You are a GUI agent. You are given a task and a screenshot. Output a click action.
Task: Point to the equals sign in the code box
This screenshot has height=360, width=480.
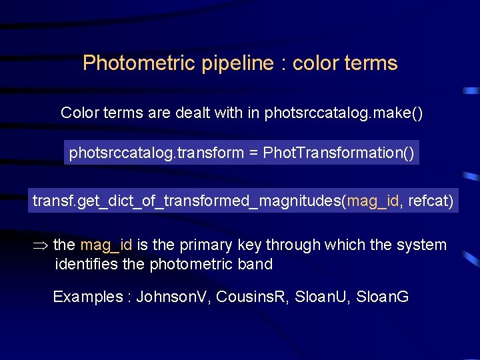pos(253,153)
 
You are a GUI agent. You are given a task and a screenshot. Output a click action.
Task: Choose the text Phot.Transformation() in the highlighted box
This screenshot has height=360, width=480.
pos(339,153)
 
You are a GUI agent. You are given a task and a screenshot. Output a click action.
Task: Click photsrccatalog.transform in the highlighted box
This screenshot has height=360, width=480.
pos(157,153)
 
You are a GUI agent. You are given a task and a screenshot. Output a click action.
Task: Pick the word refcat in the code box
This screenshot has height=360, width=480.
pos(428,200)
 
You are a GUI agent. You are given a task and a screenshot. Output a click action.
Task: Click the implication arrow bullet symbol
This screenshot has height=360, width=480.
pos(41,245)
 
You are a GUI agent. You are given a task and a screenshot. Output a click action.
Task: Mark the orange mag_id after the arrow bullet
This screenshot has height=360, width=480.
pos(106,245)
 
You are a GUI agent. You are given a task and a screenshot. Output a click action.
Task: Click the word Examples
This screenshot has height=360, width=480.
pos(87,297)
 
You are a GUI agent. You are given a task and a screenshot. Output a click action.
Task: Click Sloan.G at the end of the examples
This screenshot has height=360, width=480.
pos(383,297)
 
